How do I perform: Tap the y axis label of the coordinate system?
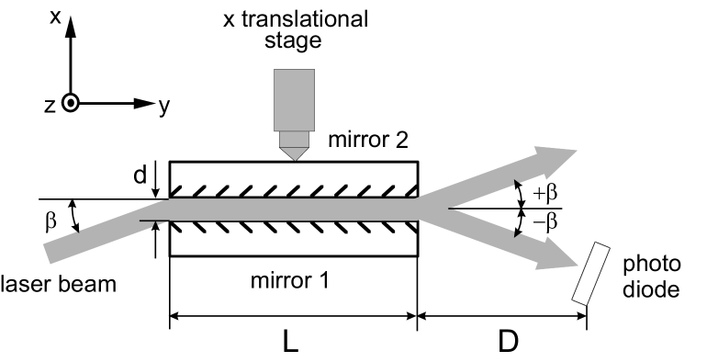pyautogui.click(x=163, y=106)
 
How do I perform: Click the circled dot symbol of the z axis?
pyautogui.click(x=70, y=104)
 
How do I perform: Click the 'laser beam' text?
pyautogui.click(x=59, y=284)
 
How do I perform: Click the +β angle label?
pyautogui.click(x=544, y=194)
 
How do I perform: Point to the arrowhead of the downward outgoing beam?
pyautogui.click(x=553, y=264)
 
